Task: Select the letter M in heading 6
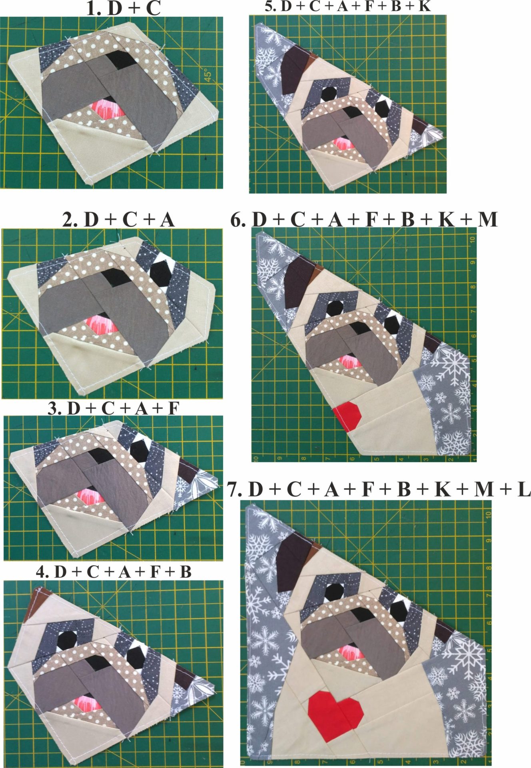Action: [x=487, y=219]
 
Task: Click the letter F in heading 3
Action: [x=173, y=408]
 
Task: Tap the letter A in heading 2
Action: [x=167, y=220]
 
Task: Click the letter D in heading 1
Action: [x=115, y=9]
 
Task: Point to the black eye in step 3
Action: [x=138, y=448]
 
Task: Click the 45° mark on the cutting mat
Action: [x=208, y=75]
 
